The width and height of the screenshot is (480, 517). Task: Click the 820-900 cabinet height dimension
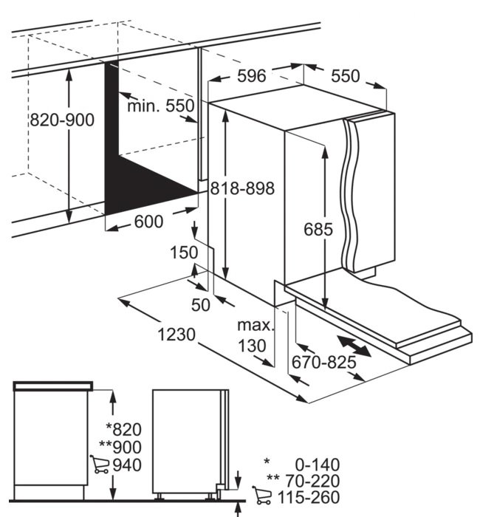[x=62, y=120]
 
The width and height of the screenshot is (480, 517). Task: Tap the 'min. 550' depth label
[x=160, y=106]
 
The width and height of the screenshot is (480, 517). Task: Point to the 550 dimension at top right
[x=344, y=76]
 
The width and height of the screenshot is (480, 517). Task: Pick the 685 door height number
[x=318, y=229]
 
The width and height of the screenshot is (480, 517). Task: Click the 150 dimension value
[x=183, y=253]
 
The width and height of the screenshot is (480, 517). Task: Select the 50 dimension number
[x=200, y=304]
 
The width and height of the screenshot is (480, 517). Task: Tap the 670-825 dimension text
[x=323, y=362]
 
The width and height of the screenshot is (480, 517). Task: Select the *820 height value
[x=123, y=429]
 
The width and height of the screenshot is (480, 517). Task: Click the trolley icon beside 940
[x=99, y=464]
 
